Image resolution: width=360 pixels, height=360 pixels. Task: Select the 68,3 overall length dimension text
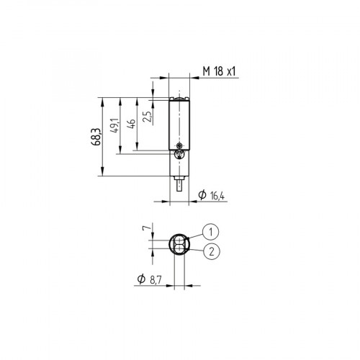pyautogui.click(x=95, y=135)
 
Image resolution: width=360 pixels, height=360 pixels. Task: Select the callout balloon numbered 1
pyautogui.click(x=210, y=232)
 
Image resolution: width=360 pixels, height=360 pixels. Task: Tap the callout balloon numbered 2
pyautogui.click(x=210, y=251)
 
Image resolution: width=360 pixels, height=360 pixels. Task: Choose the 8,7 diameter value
pyautogui.click(x=155, y=280)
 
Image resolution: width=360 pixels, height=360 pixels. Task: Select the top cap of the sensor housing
pyautogui.click(x=179, y=98)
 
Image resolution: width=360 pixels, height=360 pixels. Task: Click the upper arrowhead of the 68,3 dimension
pyautogui.click(x=104, y=99)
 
